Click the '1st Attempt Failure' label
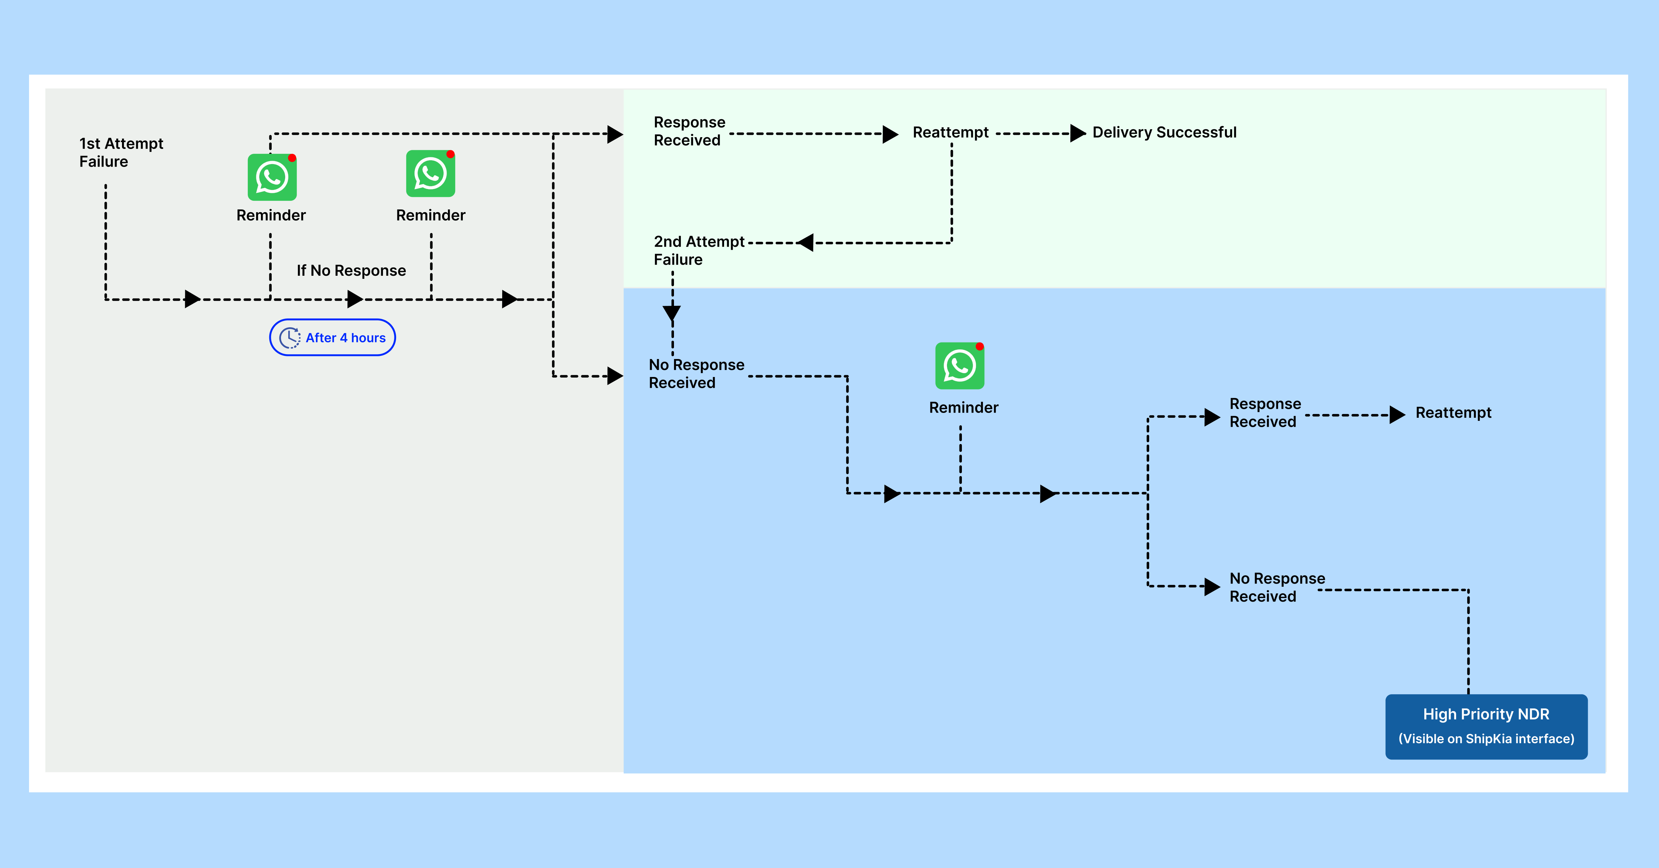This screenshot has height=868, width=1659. pyautogui.click(x=121, y=153)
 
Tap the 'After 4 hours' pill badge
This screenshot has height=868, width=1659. pyautogui.click(x=332, y=337)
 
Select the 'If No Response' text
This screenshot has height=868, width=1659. pyautogui.click(x=351, y=271)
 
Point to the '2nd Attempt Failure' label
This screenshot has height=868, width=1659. pyautogui.click(x=699, y=251)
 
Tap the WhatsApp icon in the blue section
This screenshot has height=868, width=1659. pyautogui.click(x=959, y=366)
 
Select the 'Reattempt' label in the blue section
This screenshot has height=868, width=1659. pyautogui.click(x=1453, y=413)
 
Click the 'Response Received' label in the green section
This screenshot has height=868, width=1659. pyautogui.click(x=689, y=131)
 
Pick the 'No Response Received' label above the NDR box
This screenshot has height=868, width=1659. pyautogui.click(x=1277, y=587)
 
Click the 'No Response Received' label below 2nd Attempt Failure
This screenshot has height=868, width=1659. pyautogui.click(x=696, y=374)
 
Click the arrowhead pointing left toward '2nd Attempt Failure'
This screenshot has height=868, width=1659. pyautogui.click(x=805, y=243)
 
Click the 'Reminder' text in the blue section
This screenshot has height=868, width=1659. pyautogui.click(x=964, y=408)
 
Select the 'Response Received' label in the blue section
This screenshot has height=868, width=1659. pyautogui.click(x=1265, y=413)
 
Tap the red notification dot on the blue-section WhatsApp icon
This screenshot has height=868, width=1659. pyautogui.click(x=980, y=347)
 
